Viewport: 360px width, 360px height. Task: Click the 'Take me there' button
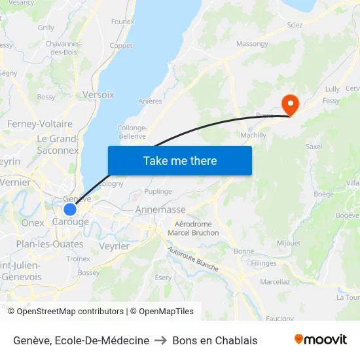[180, 160]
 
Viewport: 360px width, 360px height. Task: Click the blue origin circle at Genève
[70, 209]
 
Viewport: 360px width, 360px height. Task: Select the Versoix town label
[98, 95]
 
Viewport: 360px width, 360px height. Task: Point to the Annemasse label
[160, 209]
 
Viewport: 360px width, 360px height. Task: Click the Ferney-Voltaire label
[40, 124]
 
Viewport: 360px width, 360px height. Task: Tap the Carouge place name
[70, 223]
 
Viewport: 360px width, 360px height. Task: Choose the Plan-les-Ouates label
[50, 244]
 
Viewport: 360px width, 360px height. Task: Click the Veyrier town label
[114, 246]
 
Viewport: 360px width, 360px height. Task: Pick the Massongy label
[252, 44]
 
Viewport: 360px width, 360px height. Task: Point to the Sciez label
[295, 24]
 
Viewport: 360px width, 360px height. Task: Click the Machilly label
[253, 135]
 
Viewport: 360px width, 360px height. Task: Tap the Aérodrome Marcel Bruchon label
[192, 228]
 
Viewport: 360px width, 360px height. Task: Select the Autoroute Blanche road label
[192, 259]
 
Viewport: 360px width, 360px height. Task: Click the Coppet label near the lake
[121, 46]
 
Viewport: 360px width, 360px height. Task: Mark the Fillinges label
[263, 262]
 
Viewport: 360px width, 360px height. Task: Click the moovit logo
[321, 340]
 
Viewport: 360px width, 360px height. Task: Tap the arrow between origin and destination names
[160, 340]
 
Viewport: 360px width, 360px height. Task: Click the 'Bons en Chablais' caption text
[215, 340]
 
